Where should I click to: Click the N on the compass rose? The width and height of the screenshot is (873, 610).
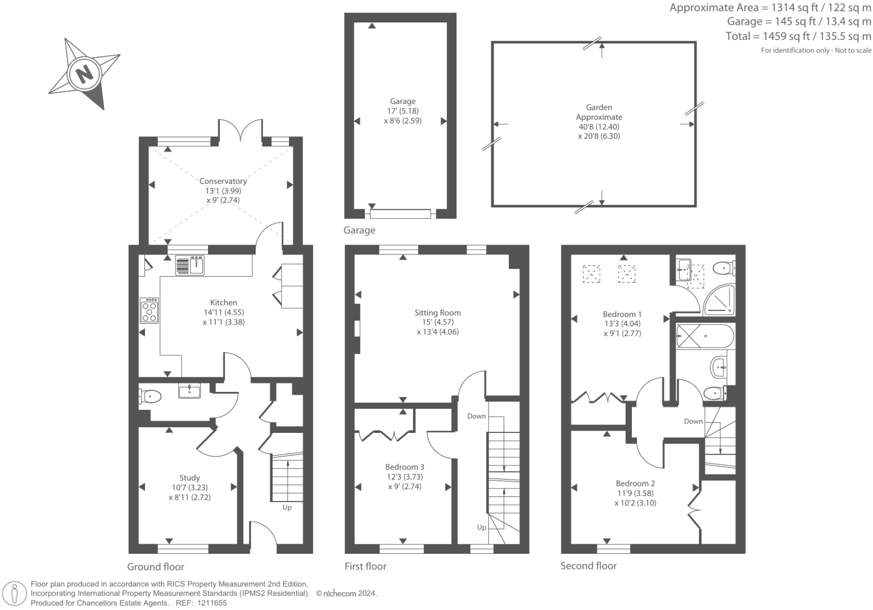point(85,74)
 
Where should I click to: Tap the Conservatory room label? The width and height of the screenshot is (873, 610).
point(223,181)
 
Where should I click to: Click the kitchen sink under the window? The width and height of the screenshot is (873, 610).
point(190,265)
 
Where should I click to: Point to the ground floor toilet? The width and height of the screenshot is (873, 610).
point(150,397)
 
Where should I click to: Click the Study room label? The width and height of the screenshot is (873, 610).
point(189,478)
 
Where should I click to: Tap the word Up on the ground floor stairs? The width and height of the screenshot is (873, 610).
point(287,507)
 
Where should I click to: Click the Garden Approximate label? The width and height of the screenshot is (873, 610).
point(599,112)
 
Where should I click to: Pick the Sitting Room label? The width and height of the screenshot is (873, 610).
point(437,313)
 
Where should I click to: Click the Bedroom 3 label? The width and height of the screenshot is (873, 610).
point(404,467)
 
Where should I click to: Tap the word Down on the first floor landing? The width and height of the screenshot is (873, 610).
point(476,416)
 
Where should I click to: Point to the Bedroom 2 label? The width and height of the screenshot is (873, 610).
point(635,483)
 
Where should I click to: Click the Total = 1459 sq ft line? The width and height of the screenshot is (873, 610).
point(798,37)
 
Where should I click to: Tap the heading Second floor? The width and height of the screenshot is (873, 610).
point(589,566)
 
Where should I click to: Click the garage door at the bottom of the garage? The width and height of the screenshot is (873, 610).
point(400,214)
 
